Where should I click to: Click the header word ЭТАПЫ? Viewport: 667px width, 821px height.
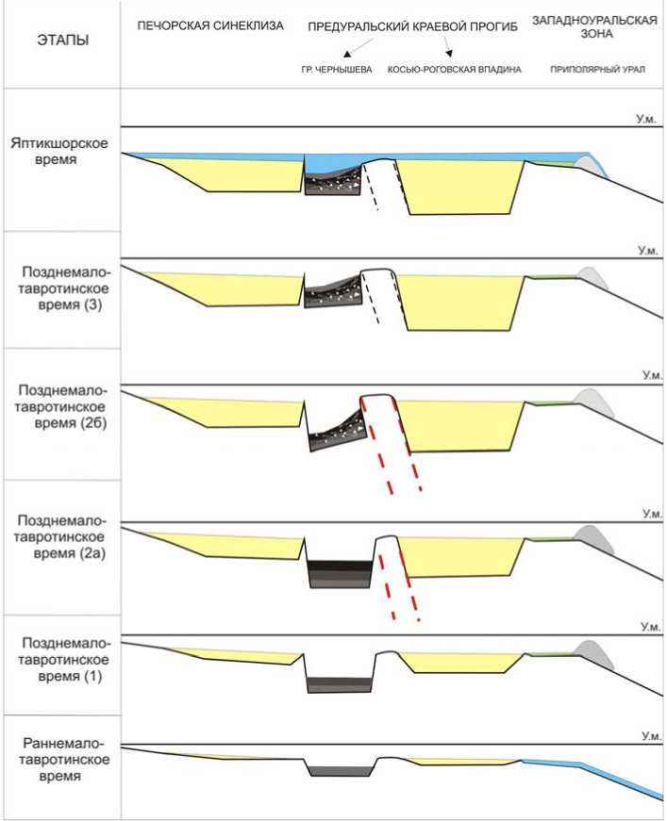(59, 41)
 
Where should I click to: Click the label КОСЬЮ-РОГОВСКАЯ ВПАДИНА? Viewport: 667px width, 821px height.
(454, 70)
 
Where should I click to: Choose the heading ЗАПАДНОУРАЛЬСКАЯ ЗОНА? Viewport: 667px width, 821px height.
(594, 26)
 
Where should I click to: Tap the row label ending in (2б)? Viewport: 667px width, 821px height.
(60, 406)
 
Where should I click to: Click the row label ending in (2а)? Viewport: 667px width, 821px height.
(60, 537)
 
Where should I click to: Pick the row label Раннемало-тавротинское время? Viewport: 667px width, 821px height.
(60, 761)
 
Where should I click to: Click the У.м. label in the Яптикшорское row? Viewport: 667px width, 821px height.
(645, 120)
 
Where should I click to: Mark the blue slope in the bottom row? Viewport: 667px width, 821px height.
(604, 774)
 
